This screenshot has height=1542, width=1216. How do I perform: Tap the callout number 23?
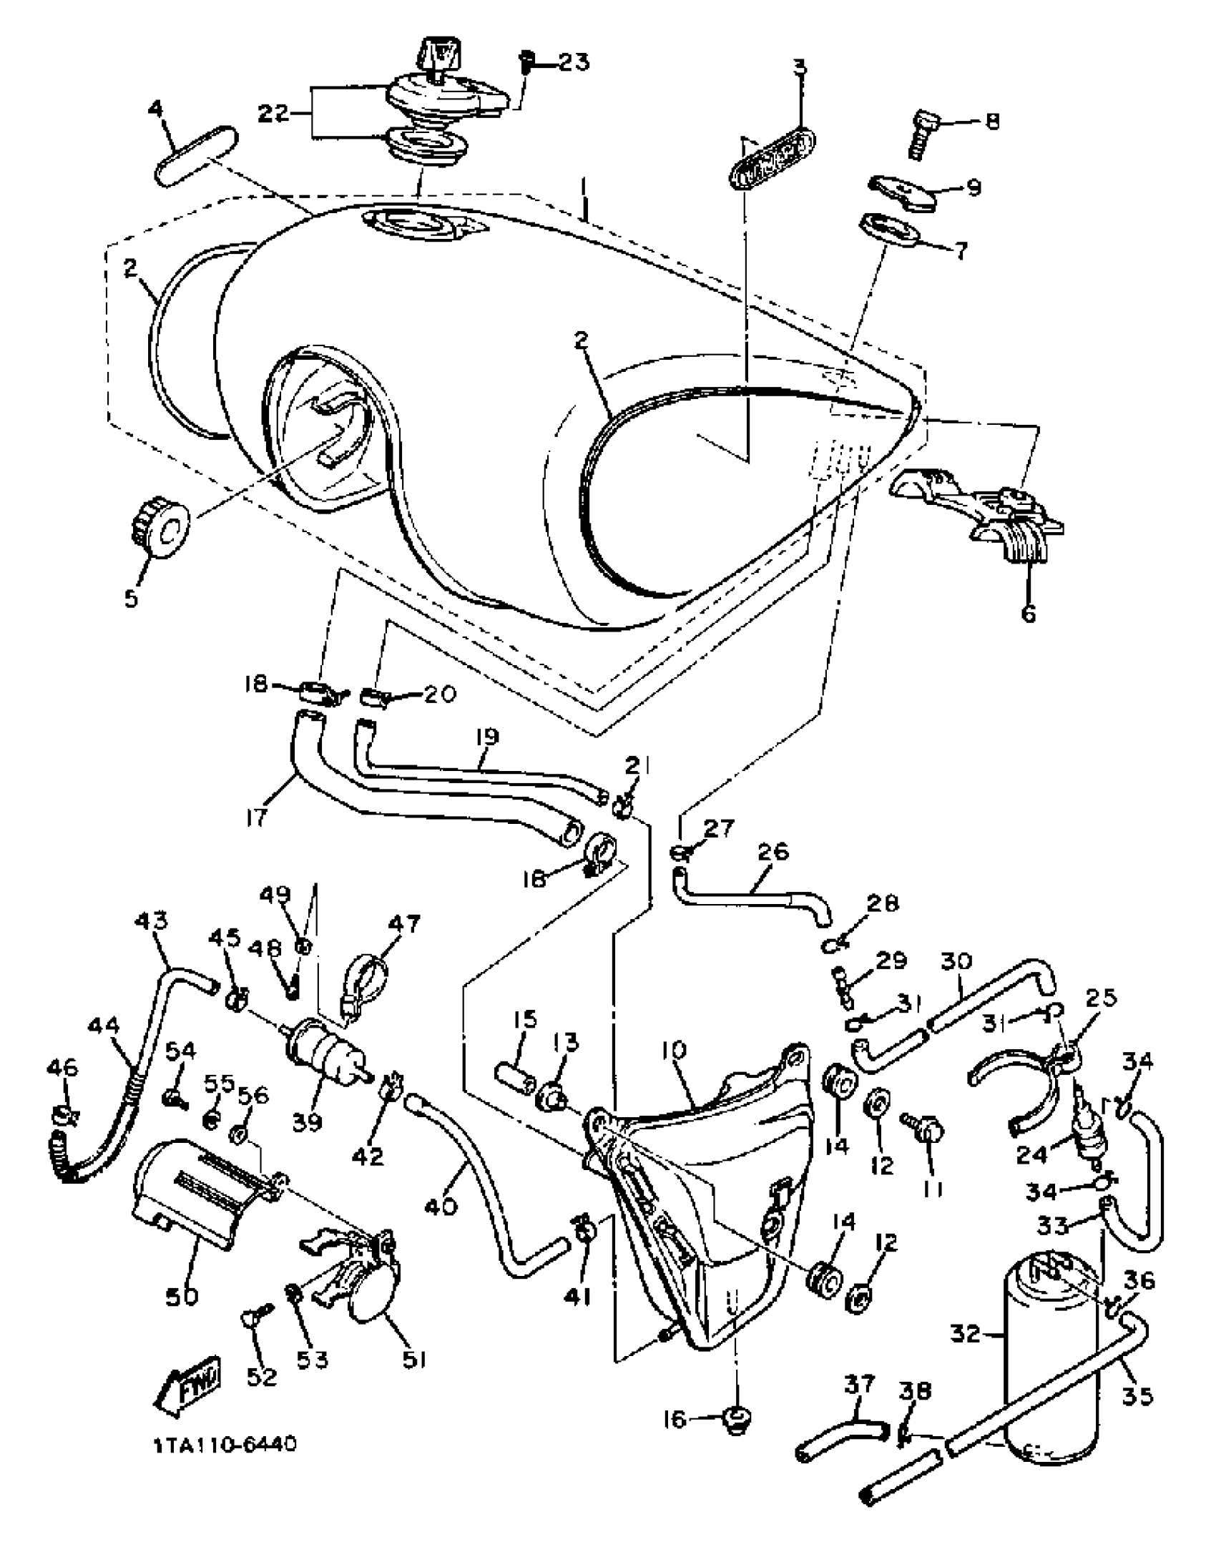click(574, 62)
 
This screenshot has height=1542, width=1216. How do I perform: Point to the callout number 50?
click(182, 1296)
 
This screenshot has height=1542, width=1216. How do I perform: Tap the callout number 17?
click(255, 817)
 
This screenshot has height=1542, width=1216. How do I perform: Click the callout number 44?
click(105, 1028)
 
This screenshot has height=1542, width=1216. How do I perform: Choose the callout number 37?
click(859, 1385)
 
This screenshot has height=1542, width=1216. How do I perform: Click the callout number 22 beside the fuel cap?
click(274, 113)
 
